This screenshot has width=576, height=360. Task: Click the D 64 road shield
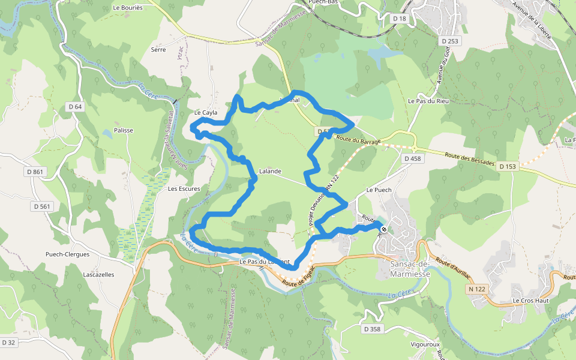tap(75, 107)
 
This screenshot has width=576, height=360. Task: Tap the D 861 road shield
tap(35, 172)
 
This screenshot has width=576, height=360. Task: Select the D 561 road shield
tap(41, 206)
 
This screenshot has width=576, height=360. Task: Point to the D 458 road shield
tap(413, 158)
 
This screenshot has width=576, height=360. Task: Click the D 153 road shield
tap(508, 166)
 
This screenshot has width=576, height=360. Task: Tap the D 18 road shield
tap(400, 19)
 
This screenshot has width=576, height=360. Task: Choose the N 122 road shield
tap(477, 289)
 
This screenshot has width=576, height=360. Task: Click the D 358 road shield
tap(372, 329)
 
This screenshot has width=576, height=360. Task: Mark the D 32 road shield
tap(8, 343)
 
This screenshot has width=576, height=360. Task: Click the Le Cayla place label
tap(206, 113)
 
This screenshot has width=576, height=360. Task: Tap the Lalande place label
tap(270, 172)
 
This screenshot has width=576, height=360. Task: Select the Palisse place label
tap(124, 130)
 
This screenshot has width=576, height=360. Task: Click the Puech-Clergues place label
tap(68, 254)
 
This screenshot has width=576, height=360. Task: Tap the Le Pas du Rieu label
tap(428, 101)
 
